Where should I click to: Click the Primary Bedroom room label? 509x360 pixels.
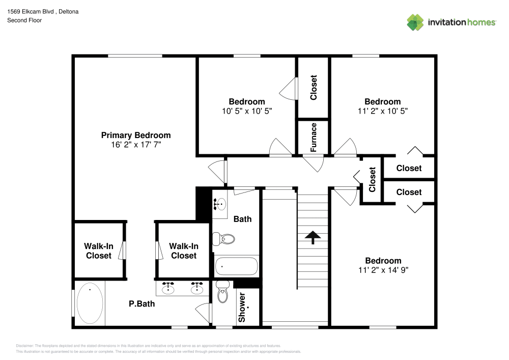coord(136,135)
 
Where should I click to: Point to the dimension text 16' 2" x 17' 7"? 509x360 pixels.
coord(136,145)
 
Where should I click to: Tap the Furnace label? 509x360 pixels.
coord(314,137)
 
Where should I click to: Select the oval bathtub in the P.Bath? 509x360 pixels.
coord(90,303)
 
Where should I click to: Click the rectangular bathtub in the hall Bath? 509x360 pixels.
coord(236,266)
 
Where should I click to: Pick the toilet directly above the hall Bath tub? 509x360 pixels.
coord(224,238)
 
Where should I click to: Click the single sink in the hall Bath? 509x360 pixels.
coord(220,204)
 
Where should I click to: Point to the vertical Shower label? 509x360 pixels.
coord(242,307)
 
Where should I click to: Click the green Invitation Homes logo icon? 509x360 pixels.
coord(415,22)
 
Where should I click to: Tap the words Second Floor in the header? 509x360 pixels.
coord(24,20)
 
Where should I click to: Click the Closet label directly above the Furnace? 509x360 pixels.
coord(314,88)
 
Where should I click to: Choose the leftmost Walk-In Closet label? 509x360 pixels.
coord(98,251)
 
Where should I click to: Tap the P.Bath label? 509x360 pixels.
coord(142,304)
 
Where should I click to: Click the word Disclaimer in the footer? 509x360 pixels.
coord(25,346)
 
